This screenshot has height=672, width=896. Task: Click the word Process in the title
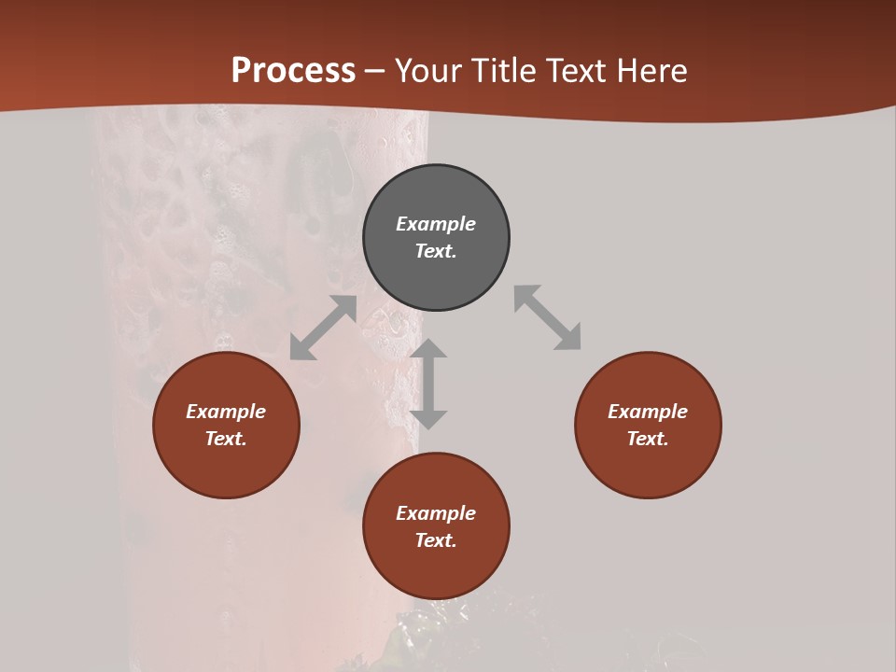[x=293, y=71]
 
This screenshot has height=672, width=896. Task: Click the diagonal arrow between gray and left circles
[x=323, y=328]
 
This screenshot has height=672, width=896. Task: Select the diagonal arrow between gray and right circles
[x=547, y=317]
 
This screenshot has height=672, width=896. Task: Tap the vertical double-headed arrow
[x=428, y=384]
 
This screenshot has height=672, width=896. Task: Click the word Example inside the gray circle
[x=436, y=224]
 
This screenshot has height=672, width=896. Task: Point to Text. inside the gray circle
[x=436, y=251]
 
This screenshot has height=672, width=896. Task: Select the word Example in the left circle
[x=226, y=412]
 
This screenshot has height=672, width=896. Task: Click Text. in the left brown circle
[x=226, y=439]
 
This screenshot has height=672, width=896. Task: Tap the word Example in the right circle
[x=648, y=412]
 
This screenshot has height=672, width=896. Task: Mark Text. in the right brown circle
[x=648, y=439]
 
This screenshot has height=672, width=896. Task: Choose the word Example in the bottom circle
[x=436, y=513]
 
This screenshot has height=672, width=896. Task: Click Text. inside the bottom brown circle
[x=436, y=540]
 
